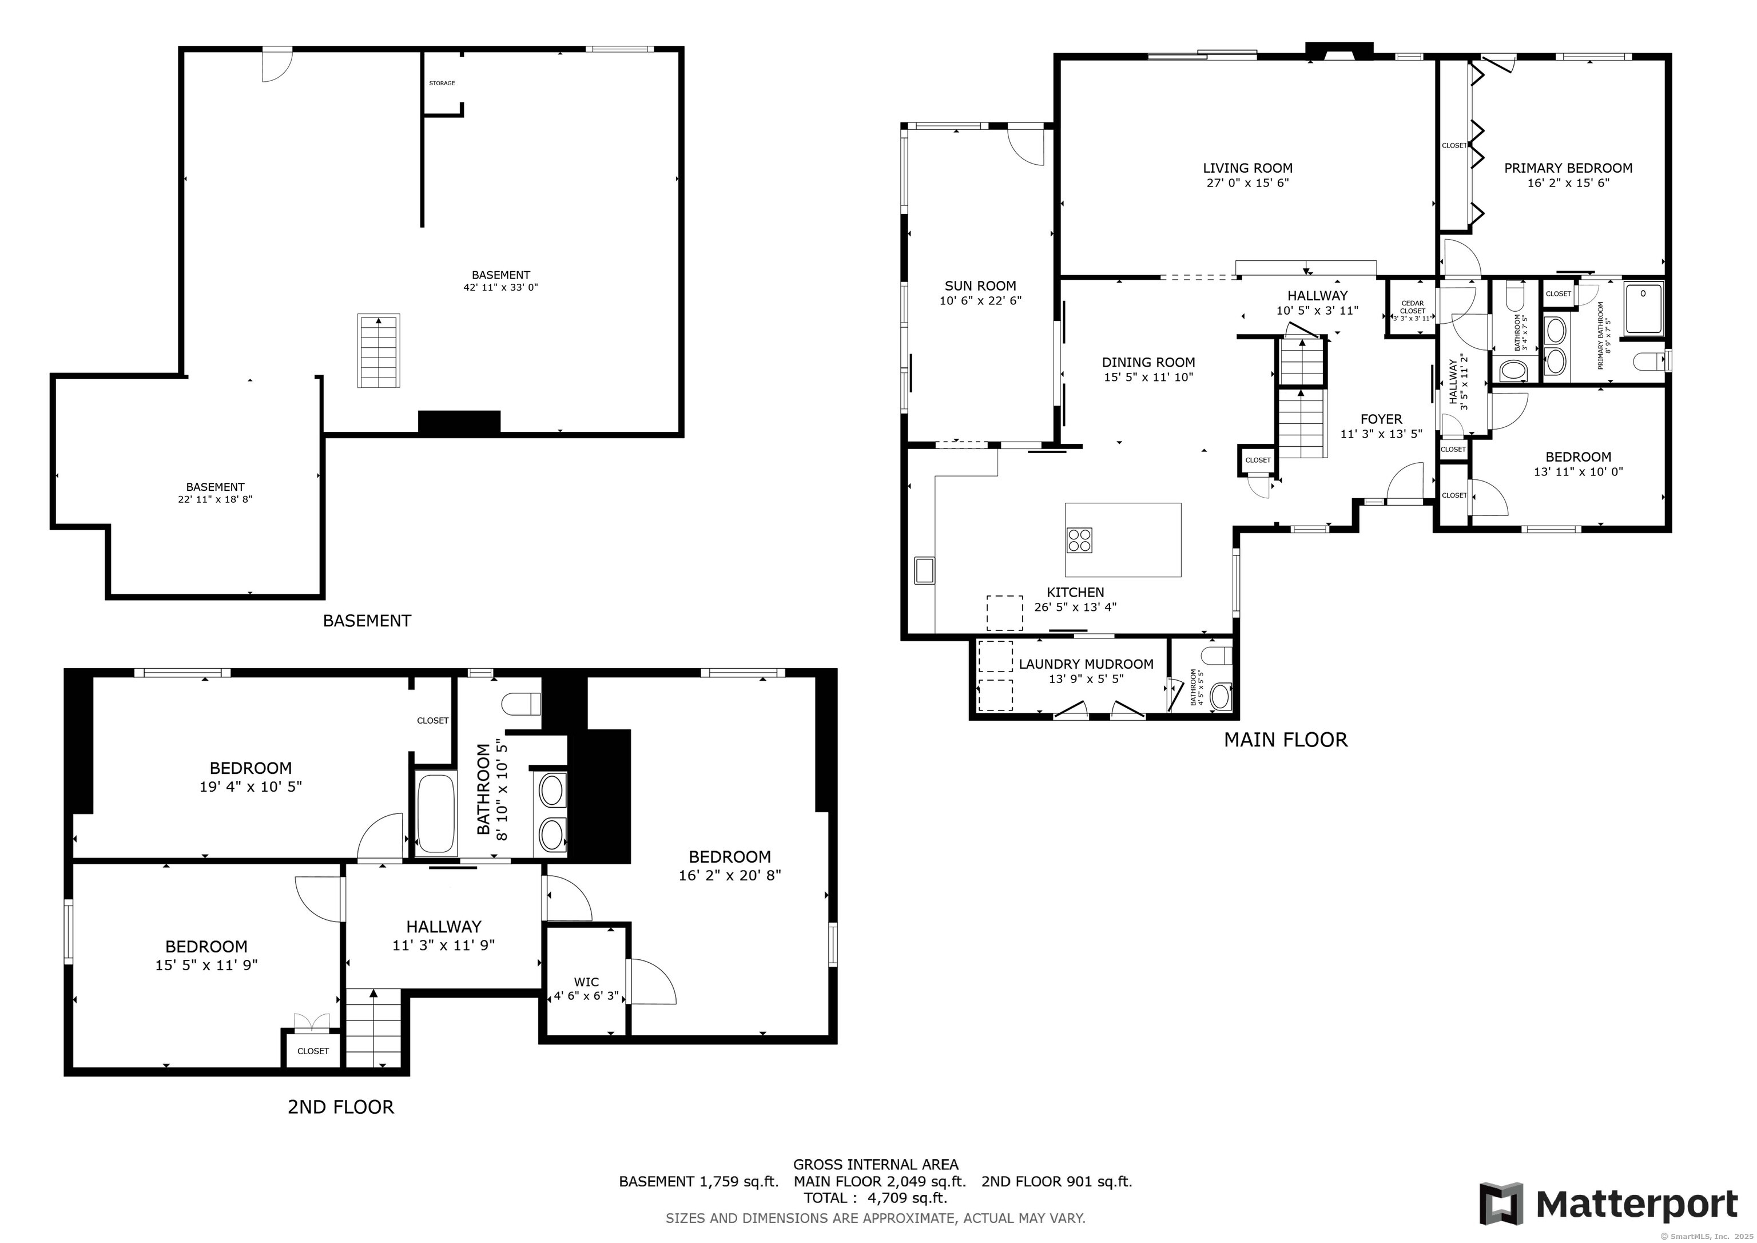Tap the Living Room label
[x=1247, y=168]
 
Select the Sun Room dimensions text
[x=980, y=301]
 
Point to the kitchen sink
[x=924, y=570]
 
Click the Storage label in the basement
[x=442, y=83]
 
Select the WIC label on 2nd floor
[x=586, y=982]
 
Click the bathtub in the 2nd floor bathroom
[x=435, y=813]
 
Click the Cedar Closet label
[x=1413, y=307]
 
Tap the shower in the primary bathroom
[x=1644, y=308]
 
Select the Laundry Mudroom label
[x=1086, y=664]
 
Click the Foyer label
[x=1381, y=419]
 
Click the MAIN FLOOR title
[x=1286, y=740]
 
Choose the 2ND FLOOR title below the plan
[x=340, y=1107]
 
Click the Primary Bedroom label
[x=1568, y=168]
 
